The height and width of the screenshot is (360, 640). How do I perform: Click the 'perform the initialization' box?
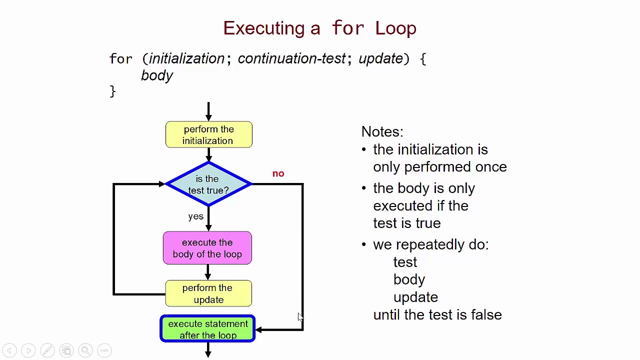coord(208,134)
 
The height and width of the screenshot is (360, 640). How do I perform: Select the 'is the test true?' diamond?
coord(208,184)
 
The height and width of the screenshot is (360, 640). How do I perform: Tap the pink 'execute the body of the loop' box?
coord(207,248)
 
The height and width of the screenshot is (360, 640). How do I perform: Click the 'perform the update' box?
coord(208,293)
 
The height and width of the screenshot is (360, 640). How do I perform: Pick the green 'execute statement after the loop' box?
coord(207,329)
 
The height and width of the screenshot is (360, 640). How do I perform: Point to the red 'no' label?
coord(278,173)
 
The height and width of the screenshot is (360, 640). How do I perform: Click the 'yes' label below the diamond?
coord(195,216)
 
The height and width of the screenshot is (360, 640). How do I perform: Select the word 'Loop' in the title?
coord(395,28)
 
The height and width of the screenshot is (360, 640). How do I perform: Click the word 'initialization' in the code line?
coord(186,58)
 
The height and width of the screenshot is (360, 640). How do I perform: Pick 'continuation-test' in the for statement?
coord(291,58)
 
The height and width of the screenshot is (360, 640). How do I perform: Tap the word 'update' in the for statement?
coord(380,58)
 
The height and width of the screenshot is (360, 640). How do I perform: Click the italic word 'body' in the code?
coord(157,75)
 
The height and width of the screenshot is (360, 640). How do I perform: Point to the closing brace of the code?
coord(112,91)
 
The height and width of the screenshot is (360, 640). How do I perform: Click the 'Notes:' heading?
coord(382,131)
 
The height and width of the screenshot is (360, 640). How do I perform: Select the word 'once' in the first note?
coord(491,167)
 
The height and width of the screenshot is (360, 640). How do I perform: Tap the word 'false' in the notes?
coord(486,314)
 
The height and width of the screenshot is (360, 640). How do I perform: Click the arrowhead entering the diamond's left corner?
coord(161,184)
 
